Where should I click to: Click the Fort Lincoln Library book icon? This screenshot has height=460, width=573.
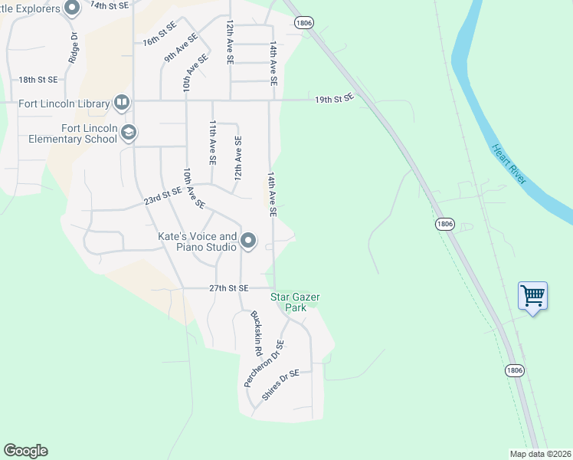122,102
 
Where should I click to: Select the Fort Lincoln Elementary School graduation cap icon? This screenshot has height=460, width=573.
128,133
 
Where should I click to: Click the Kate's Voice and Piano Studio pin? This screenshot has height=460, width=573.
248,242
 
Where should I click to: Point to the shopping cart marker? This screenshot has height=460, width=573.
532,295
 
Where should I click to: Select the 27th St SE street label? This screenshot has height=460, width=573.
229,288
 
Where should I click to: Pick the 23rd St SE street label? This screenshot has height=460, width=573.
163,196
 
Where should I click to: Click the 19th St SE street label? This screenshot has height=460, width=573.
335,99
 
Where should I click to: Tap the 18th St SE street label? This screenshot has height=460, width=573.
38,80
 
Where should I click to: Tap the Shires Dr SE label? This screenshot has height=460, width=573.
280,385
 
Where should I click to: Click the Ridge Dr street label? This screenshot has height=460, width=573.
74,48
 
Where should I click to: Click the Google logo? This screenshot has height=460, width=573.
25,451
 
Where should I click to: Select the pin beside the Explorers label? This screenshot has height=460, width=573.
73,9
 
